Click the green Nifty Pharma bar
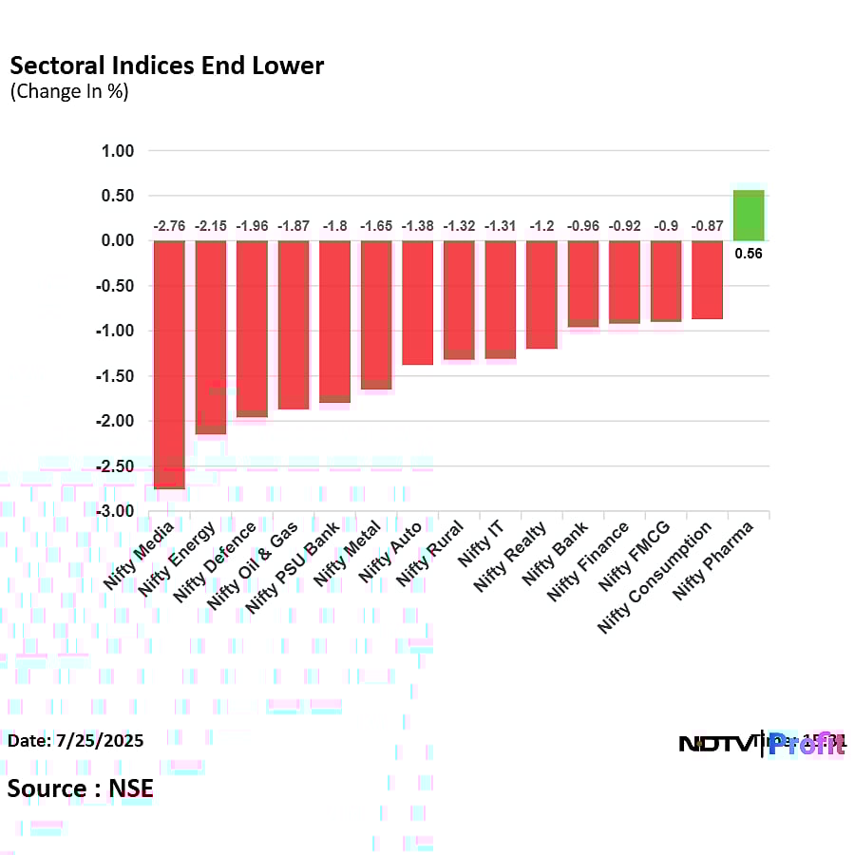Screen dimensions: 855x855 point(749,215)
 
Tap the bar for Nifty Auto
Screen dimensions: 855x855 point(417,302)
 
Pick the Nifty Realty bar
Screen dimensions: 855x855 point(541,294)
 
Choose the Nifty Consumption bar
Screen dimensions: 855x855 point(707,279)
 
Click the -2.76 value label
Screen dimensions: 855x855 point(169,226)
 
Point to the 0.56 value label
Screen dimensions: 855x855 point(749,254)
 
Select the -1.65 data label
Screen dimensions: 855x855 point(376,226)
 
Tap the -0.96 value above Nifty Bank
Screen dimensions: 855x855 point(583,226)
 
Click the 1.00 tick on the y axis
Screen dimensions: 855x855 point(119,151)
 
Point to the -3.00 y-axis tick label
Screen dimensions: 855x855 point(117,511)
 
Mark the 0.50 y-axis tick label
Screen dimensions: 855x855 point(119,196)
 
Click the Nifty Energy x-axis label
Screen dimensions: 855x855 point(182,559)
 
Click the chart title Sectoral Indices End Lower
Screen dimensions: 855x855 point(166,66)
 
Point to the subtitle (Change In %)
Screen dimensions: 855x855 point(68,92)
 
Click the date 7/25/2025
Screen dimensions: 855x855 point(76,740)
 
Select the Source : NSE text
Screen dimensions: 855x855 point(81,788)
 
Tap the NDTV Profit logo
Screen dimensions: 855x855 point(761,743)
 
